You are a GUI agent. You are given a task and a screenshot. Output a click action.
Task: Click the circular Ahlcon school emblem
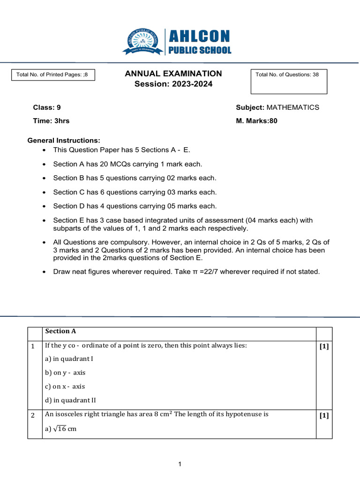click(142, 42)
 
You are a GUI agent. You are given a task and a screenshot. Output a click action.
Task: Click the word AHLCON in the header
click(199, 36)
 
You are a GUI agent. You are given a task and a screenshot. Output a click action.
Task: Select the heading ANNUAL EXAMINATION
click(173, 74)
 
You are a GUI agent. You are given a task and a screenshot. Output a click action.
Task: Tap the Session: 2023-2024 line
click(173, 84)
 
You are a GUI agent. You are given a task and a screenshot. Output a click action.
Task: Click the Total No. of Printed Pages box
click(52, 75)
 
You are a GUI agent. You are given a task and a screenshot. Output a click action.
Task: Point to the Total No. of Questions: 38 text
click(287, 75)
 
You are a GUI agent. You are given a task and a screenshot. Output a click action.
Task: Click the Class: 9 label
click(47, 107)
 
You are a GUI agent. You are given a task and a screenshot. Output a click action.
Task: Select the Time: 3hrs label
click(51, 121)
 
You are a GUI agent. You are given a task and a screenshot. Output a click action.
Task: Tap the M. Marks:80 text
click(257, 121)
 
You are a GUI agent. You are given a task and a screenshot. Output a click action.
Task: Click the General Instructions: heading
click(64, 141)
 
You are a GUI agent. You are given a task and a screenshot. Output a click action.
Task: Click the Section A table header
click(60, 331)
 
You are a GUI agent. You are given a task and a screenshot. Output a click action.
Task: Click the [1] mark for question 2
click(324, 415)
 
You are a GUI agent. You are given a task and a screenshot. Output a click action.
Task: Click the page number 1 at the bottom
click(180, 465)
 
